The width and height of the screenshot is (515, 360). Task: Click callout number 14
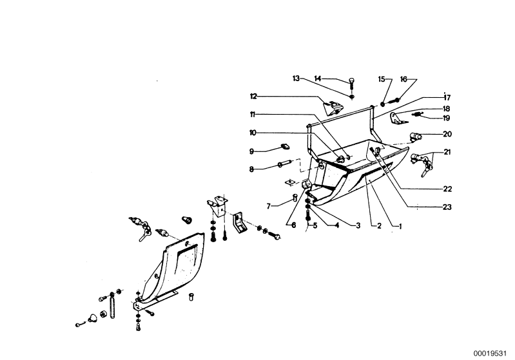(x=317, y=79)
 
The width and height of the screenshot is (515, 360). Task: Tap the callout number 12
(x=253, y=97)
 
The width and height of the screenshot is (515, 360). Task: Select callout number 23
(x=447, y=207)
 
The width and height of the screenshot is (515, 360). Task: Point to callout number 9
(x=251, y=151)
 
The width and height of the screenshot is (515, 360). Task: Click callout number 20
(x=447, y=134)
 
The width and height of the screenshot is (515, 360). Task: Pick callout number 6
(x=293, y=225)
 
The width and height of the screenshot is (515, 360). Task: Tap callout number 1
(x=400, y=226)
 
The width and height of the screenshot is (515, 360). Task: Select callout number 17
(x=447, y=97)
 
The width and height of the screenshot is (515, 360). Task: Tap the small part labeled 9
(x=284, y=146)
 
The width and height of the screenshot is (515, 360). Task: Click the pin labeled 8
(x=284, y=164)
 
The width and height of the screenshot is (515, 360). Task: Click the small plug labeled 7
(x=295, y=198)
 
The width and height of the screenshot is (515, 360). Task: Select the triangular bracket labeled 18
(x=398, y=118)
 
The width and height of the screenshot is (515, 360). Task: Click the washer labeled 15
(x=383, y=104)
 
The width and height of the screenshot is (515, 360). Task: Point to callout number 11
(x=253, y=115)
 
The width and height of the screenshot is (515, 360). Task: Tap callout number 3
(x=358, y=226)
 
